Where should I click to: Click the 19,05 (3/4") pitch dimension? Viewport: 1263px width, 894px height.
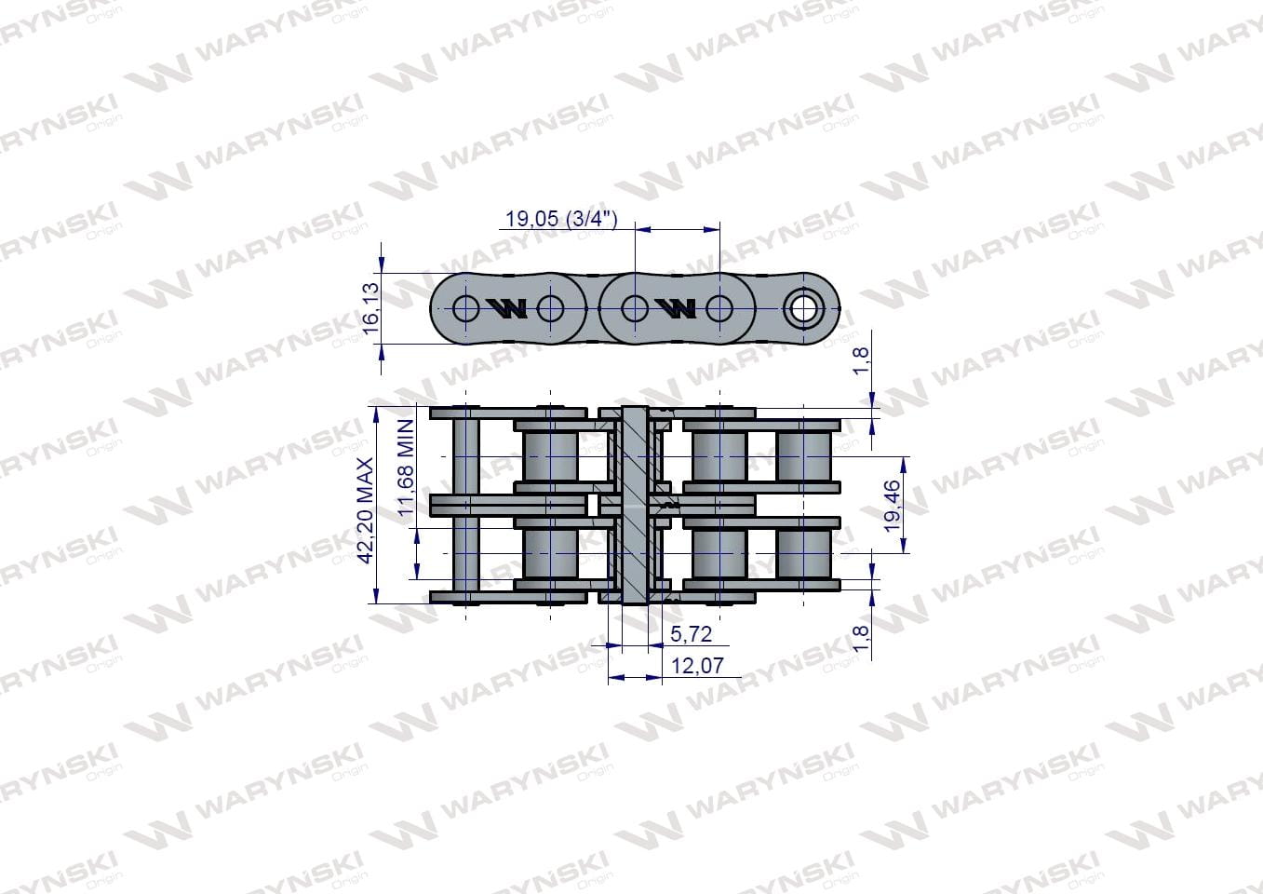click(561, 218)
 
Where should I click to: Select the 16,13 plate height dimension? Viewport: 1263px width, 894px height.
click(371, 308)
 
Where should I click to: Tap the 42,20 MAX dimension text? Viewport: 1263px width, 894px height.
click(366, 510)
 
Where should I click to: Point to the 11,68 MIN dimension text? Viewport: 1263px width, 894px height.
click(406, 467)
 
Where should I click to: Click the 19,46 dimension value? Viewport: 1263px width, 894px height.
click(893, 506)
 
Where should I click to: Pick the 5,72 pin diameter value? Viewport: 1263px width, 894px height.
click(691, 634)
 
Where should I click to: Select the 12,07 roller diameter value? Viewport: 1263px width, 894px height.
click(697, 666)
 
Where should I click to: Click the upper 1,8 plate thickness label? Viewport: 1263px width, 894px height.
click(861, 361)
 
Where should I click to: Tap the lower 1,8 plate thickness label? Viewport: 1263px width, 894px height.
click(861, 638)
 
